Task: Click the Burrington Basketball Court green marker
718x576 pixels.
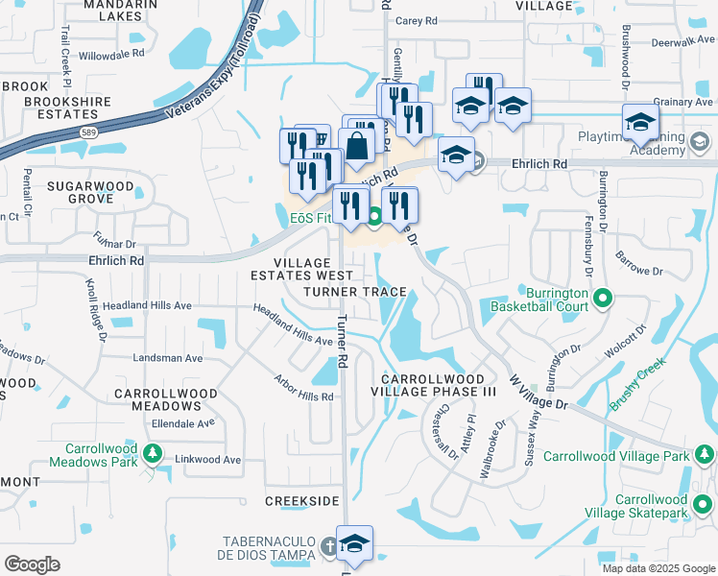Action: (602, 299)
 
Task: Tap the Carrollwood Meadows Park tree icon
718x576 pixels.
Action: (151, 452)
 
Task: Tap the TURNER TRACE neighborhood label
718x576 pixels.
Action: (354, 291)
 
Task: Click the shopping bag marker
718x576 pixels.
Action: (357, 148)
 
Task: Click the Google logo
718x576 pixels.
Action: (32, 564)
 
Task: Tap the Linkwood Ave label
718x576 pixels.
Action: (207, 460)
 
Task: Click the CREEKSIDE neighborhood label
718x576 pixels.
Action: (302, 502)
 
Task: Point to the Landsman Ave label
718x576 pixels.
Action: (168, 358)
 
